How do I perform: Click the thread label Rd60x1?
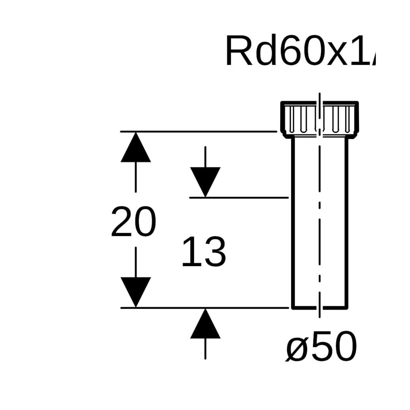(300, 51)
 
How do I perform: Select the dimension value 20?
(134, 222)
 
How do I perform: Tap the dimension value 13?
(204, 252)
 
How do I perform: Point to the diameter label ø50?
(321, 346)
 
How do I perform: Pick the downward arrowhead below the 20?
(136, 291)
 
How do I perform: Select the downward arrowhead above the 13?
(205, 181)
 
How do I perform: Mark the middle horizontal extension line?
(239, 197)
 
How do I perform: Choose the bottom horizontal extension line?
(205, 307)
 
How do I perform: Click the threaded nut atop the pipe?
(319, 118)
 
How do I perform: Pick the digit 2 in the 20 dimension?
(122, 222)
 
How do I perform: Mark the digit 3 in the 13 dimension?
(215, 252)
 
